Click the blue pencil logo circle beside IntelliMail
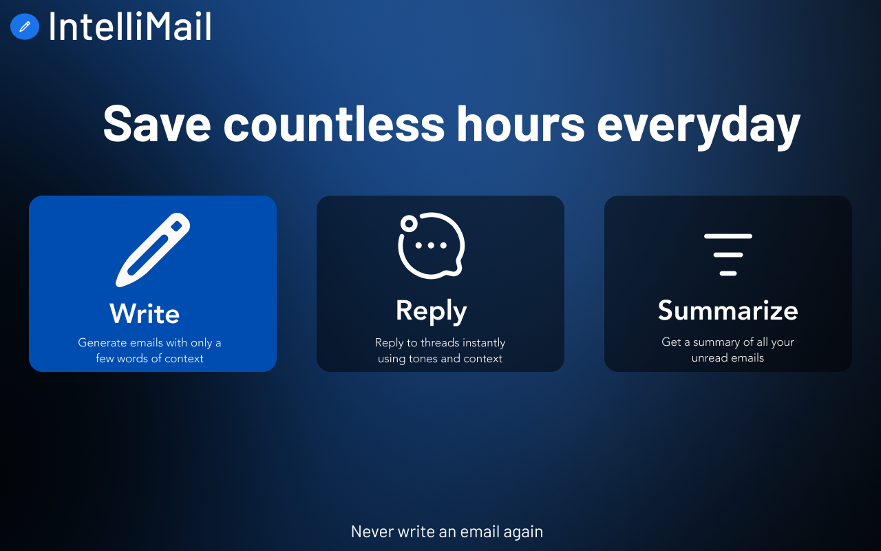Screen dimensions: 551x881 (25, 26)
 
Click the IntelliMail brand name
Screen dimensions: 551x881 (129, 26)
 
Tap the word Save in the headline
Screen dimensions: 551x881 (156, 123)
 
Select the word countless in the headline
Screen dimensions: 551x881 (334, 123)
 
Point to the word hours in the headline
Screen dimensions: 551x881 (520, 123)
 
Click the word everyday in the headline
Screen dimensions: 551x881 (698, 124)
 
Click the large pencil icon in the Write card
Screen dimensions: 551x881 (153, 250)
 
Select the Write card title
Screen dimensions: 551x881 (145, 314)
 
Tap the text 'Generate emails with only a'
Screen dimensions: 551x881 (149, 342)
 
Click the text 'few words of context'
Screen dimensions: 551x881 (149, 358)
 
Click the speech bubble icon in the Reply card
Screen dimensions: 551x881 (432, 246)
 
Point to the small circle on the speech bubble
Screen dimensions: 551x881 (409, 224)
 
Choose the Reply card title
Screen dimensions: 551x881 (432, 311)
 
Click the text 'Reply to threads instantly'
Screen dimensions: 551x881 (440, 342)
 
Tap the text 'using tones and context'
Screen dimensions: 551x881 (440, 358)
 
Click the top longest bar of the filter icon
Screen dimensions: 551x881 (728, 236)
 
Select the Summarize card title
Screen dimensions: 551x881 (728, 311)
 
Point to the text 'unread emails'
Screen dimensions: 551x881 (728, 358)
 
